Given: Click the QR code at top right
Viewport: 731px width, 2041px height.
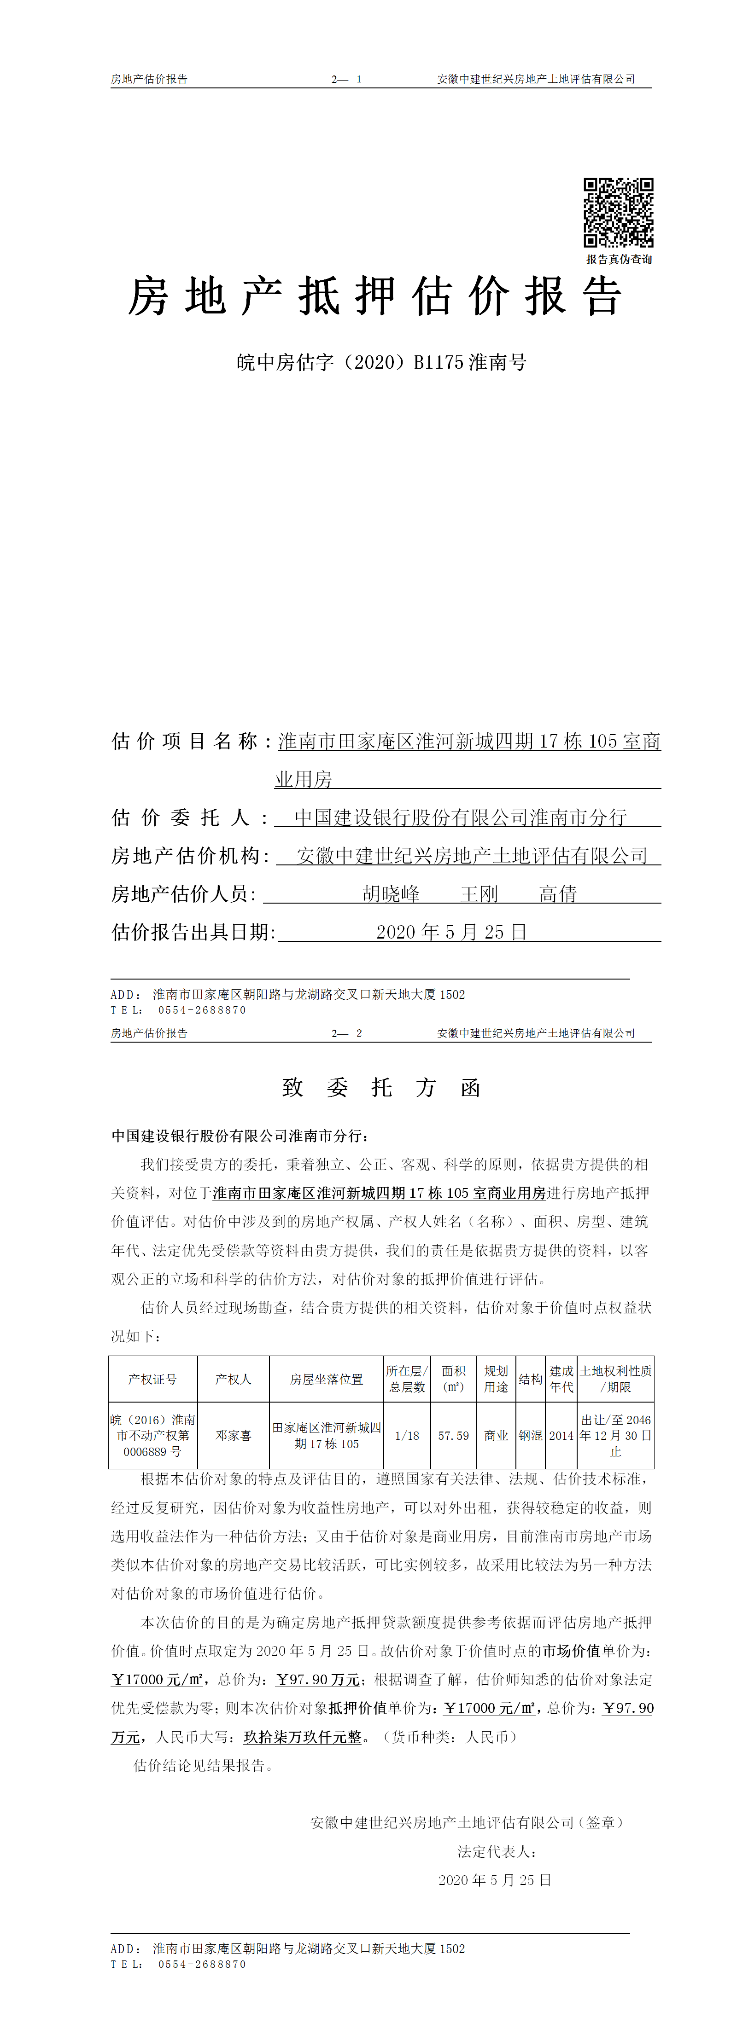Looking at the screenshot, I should [619, 212].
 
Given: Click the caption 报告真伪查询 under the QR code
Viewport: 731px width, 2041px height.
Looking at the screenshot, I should [619, 259].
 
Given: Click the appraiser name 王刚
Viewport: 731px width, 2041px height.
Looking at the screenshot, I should [479, 894].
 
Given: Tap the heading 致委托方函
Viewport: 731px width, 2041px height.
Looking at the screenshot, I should [381, 1088].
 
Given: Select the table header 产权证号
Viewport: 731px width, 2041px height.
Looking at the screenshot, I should [152, 1380].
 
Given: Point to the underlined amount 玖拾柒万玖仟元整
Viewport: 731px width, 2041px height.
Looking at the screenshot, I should [302, 1737].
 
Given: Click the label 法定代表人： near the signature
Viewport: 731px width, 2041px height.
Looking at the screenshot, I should [497, 1852].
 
